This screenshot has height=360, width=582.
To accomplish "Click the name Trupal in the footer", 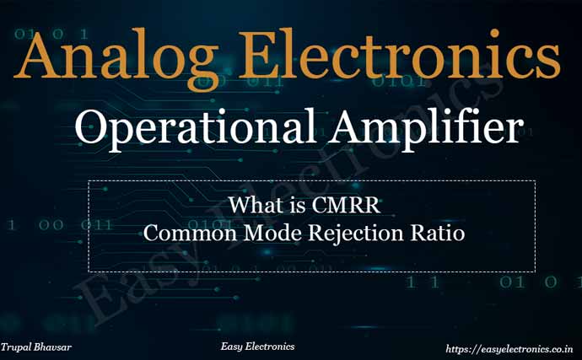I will pyautogui.click(x=17, y=347).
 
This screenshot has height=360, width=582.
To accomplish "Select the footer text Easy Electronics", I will pyautogui.click(x=257, y=347).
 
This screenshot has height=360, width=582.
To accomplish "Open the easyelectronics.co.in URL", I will pyautogui.click(x=509, y=347).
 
